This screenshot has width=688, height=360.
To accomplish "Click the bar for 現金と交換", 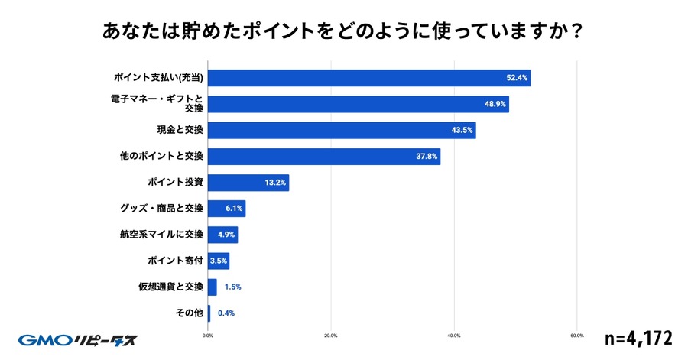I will [x=341, y=130].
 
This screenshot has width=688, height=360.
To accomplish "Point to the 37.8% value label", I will [x=427, y=156].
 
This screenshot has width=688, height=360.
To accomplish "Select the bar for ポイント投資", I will [x=248, y=183].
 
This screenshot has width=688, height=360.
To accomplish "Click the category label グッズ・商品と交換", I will [x=161, y=209].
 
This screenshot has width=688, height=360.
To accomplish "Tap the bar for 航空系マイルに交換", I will [x=222, y=235].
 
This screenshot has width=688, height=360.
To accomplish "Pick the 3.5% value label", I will [x=219, y=261].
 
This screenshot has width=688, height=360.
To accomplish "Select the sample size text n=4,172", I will [x=638, y=337].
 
